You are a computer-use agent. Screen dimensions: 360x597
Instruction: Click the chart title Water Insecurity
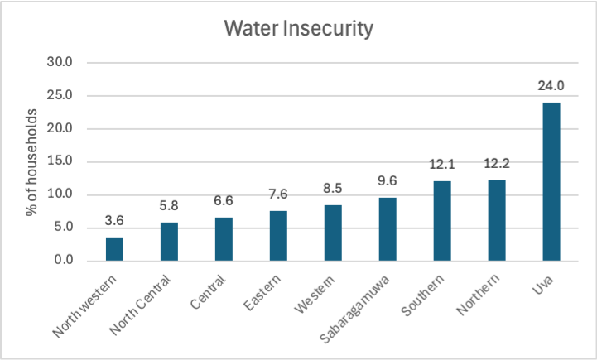click(299, 30)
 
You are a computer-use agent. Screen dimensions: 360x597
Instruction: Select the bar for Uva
click(551, 181)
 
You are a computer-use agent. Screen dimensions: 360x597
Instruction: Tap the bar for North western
click(115, 249)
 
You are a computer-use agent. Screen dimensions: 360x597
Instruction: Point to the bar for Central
click(224, 239)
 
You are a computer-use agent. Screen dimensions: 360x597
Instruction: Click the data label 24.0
click(551, 85)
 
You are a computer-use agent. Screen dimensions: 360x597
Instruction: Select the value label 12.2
click(496, 164)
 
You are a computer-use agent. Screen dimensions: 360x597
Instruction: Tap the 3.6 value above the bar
click(115, 220)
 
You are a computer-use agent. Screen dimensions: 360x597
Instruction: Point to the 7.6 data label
click(278, 194)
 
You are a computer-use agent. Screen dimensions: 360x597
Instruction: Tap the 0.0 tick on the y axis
click(64, 262)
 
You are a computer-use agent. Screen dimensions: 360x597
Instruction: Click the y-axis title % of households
click(32, 162)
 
